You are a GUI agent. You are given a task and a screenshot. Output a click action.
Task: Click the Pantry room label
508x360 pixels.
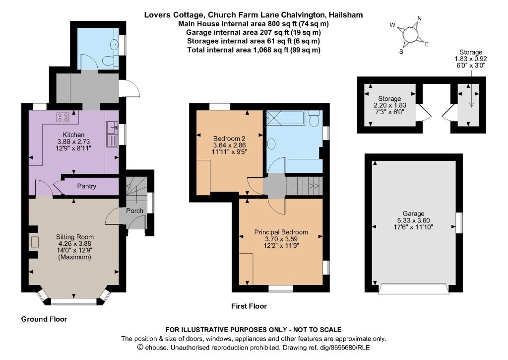coord(86,186)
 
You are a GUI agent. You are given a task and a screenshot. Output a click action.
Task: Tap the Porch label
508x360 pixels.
coord(134,211)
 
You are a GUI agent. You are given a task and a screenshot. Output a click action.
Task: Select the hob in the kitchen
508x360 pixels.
coord(63,117)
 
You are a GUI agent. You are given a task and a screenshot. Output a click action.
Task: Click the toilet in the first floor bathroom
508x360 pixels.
coord(314,119)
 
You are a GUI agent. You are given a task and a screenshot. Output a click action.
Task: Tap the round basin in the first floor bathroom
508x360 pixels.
coord(271,143)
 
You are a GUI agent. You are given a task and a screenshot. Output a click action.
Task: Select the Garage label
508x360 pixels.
coord(413,214)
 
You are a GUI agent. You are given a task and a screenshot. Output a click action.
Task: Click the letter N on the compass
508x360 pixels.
coord(420,18)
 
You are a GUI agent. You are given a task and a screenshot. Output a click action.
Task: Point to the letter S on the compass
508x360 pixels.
coord(401,52)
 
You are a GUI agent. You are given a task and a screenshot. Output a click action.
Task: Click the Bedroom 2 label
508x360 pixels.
coord(229,139)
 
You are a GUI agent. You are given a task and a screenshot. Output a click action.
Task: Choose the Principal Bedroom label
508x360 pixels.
coord(281,232)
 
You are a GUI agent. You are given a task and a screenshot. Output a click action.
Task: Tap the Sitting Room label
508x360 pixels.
coord(75,237)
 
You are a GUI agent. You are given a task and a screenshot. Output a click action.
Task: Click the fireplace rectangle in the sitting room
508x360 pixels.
coord(35,242)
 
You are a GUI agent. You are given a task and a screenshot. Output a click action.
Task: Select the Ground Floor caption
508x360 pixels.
coord(44,319)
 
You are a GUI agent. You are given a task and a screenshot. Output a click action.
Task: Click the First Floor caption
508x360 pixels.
coord(249,306)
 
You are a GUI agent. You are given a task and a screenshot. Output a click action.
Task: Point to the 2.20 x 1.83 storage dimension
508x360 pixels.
coord(390,105)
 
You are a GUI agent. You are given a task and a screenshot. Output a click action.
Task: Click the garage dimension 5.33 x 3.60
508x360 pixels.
coord(413,220)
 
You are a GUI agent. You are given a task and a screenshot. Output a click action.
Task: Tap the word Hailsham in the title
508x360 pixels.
coord(346,15)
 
